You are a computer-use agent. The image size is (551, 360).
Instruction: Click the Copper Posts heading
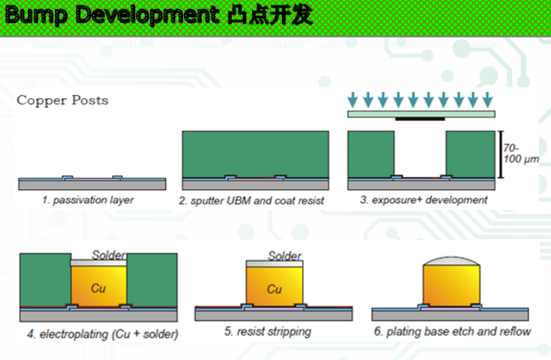[x=62, y=101]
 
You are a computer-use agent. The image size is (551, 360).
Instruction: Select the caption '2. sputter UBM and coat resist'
[x=251, y=201]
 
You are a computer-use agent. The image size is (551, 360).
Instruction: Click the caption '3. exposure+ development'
[x=423, y=200]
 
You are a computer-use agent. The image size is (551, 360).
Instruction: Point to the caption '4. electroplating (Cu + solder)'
[x=102, y=335]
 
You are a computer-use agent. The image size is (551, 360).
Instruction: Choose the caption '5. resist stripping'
[x=268, y=332]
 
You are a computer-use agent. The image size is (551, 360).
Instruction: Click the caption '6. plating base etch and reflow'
[x=452, y=333]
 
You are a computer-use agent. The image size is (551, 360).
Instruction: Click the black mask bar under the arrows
[x=420, y=119]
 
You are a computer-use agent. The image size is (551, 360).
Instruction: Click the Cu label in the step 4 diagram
[x=98, y=289]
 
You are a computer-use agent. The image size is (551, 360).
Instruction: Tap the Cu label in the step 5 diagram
[x=274, y=289]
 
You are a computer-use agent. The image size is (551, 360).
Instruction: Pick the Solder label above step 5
[x=284, y=256]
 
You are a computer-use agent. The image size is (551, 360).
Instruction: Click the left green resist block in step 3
[x=371, y=155]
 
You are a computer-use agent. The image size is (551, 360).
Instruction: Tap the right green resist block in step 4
[x=152, y=278]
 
